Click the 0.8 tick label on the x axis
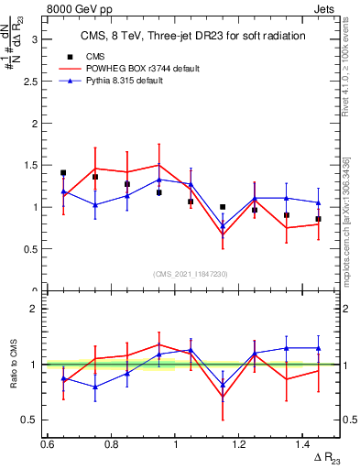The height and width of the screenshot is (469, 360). [112, 443]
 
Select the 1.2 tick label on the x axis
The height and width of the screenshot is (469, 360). [241, 443]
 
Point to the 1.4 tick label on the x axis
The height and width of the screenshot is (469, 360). [305, 443]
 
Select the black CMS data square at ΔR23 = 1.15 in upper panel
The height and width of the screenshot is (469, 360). [223, 207]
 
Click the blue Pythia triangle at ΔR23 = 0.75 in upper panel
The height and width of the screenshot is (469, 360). [94, 205]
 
